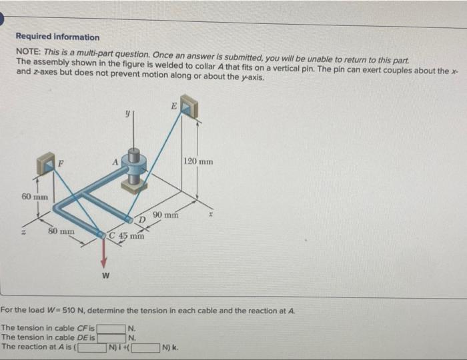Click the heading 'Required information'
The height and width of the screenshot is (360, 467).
coord(57,37)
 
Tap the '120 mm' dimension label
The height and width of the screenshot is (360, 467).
coord(197,161)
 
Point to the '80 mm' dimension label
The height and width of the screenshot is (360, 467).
coord(61,231)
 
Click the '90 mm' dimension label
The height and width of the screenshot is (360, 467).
coord(165,215)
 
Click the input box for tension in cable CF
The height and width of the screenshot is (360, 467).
coord(111,328)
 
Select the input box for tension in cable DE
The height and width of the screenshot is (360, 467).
coord(111,337)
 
